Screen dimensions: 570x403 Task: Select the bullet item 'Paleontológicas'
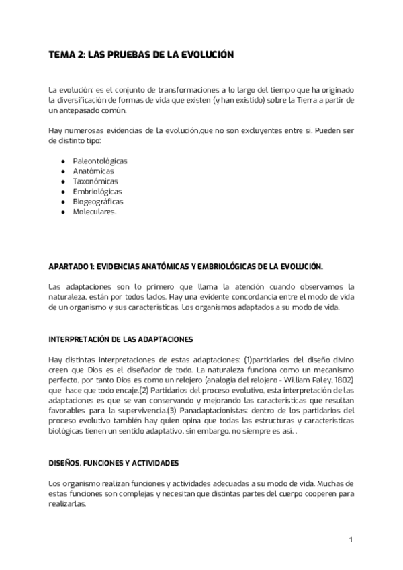click(x=100, y=161)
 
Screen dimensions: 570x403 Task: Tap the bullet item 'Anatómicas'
click(x=93, y=171)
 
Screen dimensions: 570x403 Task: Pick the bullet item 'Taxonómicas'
click(x=95, y=181)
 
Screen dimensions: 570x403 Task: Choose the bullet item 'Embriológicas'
click(x=97, y=192)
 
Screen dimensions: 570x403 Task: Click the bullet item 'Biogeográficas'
click(x=98, y=202)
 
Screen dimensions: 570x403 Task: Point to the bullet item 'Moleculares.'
click(x=95, y=212)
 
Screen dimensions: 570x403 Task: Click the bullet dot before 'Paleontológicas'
click(x=62, y=161)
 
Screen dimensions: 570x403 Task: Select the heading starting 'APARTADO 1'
click(x=182, y=267)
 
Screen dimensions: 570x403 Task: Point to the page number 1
click(x=351, y=540)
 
